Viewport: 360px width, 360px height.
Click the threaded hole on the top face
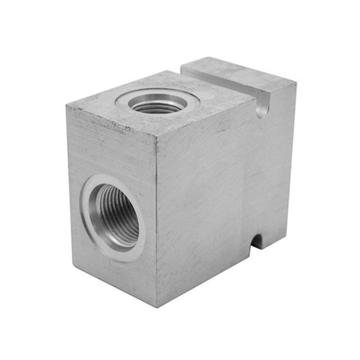pyautogui.click(x=158, y=104)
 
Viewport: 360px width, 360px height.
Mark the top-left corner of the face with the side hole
pyautogui.click(x=67, y=105)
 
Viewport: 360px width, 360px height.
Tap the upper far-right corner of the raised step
pyautogui.click(x=295, y=82)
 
